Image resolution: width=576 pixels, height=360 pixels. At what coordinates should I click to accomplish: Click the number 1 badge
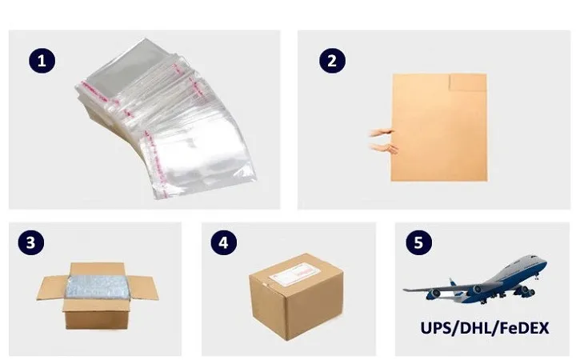pos(42,60)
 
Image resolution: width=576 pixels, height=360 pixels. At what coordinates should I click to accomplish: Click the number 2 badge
pos(332,60)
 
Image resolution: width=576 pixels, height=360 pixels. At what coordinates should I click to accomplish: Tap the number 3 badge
pos(31,242)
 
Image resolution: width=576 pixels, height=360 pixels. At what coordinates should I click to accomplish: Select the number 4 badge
pos(224,242)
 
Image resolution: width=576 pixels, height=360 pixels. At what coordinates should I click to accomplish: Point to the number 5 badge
pos(418,242)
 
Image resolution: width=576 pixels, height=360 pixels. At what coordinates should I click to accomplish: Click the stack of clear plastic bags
pos(166,118)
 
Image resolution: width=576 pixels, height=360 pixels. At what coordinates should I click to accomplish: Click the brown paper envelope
pos(439,127)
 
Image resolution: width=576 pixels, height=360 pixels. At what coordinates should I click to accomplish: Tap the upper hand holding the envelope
pos(382,133)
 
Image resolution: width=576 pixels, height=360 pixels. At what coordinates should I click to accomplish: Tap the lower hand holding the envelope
pos(383,148)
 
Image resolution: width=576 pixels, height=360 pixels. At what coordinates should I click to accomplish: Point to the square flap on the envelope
pos(468,82)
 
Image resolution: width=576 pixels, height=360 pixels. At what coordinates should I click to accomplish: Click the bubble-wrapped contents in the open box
pos(98,287)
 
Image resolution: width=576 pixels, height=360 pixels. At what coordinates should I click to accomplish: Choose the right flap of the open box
pos(144,288)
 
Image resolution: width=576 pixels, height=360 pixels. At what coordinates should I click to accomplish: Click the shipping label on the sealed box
pos(295,275)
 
